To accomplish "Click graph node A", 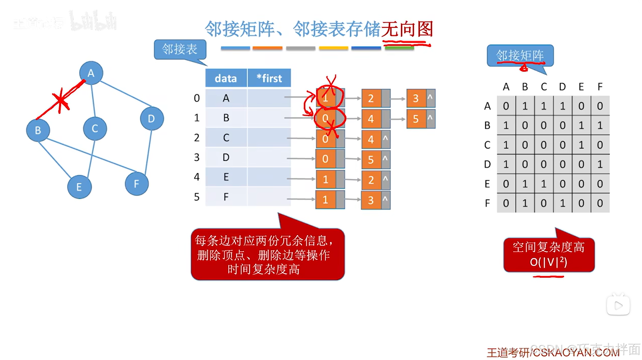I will pyautogui.click(x=91, y=73).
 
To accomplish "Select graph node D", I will pyautogui.click(x=152, y=118).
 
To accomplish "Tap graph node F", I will pyautogui.click(x=137, y=184).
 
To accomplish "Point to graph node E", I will pyautogui.click(x=79, y=187).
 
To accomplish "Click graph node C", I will pyautogui.click(x=95, y=128).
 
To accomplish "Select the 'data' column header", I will pyautogui.click(x=226, y=78).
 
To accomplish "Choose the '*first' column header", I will pyautogui.click(x=269, y=78).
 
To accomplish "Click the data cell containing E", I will pyautogui.click(x=226, y=177).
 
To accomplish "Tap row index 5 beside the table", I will pyautogui.click(x=197, y=197).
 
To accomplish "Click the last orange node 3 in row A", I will pyautogui.click(x=416, y=98).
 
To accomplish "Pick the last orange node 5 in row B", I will pyautogui.click(x=416, y=119).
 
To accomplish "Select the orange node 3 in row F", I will pyautogui.click(x=371, y=200).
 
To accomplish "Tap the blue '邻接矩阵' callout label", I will pyautogui.click(x=520, y=55).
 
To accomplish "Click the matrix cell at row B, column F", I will pyautogui.click(x=600, y=125).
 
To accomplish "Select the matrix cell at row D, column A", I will pyautogui.click(x=506, y=164).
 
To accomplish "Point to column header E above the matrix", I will pyautogui.click(x=581, y=87).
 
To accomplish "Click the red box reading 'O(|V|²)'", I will pyautogui.click(x=549, y=255).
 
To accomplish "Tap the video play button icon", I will pyautogui.click(x=618, y=305).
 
